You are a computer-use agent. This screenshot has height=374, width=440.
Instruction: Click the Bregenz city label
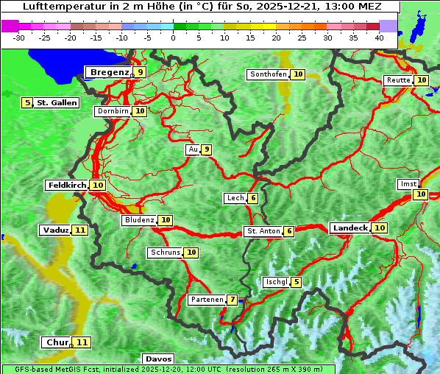[109, 72]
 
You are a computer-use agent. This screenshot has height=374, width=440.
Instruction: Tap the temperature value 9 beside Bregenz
[139, 72]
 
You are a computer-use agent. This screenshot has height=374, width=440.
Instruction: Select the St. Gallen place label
[57, 102]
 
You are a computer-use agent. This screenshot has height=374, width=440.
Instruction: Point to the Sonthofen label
[268, 74]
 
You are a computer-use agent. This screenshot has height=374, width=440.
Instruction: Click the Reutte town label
[398, 80]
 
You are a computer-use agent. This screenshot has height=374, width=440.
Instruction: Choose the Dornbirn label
[113, 111]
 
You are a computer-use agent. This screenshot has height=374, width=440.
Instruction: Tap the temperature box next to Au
[207, 149]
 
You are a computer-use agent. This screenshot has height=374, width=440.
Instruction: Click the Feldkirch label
[67, 185]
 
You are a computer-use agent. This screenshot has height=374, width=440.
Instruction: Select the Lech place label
[235, 198]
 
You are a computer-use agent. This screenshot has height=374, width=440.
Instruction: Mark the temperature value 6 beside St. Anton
[289, 231]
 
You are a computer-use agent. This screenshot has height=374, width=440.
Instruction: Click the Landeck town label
[349, 228]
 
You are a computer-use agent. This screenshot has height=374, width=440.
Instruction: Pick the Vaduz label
[55, 230]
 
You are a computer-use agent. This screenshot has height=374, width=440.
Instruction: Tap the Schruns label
[165, 253]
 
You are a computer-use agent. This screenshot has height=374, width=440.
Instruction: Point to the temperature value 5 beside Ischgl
[296, 282]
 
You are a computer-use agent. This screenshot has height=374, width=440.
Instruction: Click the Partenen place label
[206, 300]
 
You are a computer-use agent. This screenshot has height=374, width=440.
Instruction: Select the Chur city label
[57, 342]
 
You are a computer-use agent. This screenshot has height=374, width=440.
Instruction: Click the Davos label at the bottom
[158, 359]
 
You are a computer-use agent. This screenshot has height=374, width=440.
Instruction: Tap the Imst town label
[407, 183]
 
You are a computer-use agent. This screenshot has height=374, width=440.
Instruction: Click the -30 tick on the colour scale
[19, 37]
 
